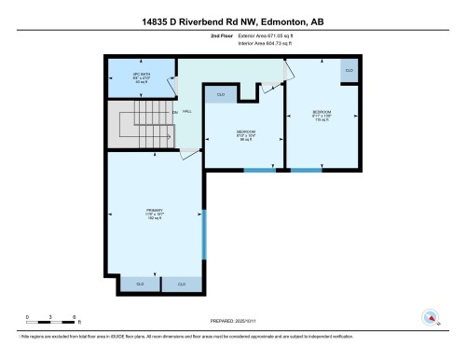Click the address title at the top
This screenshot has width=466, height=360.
(x=233, y=20)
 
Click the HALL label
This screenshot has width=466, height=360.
(x=187, y=111)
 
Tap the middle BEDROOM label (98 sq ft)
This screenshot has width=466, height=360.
(x=246, y=135)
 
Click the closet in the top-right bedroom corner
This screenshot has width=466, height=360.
(x=349, y=70)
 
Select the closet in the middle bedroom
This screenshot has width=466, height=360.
(x=221, y=94)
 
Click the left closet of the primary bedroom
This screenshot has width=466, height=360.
(x=140, y=284)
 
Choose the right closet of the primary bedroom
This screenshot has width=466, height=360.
(x=181, y=284)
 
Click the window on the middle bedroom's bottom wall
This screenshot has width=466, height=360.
(x=258, y=171)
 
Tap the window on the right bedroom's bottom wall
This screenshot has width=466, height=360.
(x=306, y=171)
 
